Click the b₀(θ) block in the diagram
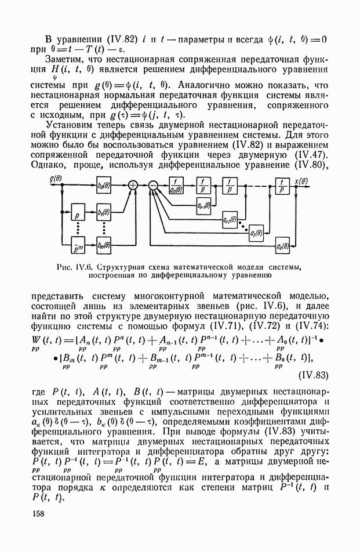click(x=104, y=185)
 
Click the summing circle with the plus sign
click(x=133, y=185)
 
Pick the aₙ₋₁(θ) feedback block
click(x=203, y=205)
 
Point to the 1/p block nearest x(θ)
click(x=282, y=185)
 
